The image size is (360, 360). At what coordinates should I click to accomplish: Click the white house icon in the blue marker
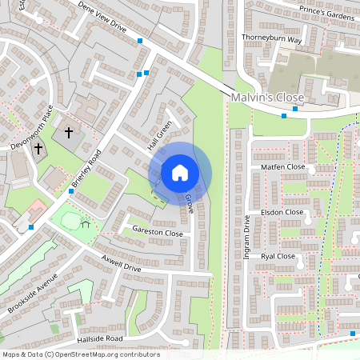(180, 172)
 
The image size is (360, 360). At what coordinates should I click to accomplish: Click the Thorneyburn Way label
(271, 38)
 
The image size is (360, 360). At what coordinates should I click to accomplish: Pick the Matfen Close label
(283, 167)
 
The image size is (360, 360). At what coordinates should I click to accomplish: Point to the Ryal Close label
(278, 257)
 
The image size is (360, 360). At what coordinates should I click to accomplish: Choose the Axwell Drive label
(122, 263)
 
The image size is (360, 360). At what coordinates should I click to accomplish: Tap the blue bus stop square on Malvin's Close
(284, 115)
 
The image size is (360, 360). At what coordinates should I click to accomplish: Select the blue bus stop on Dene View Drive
(140, 40)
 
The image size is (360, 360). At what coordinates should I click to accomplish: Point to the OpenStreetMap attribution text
(80, 354)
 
